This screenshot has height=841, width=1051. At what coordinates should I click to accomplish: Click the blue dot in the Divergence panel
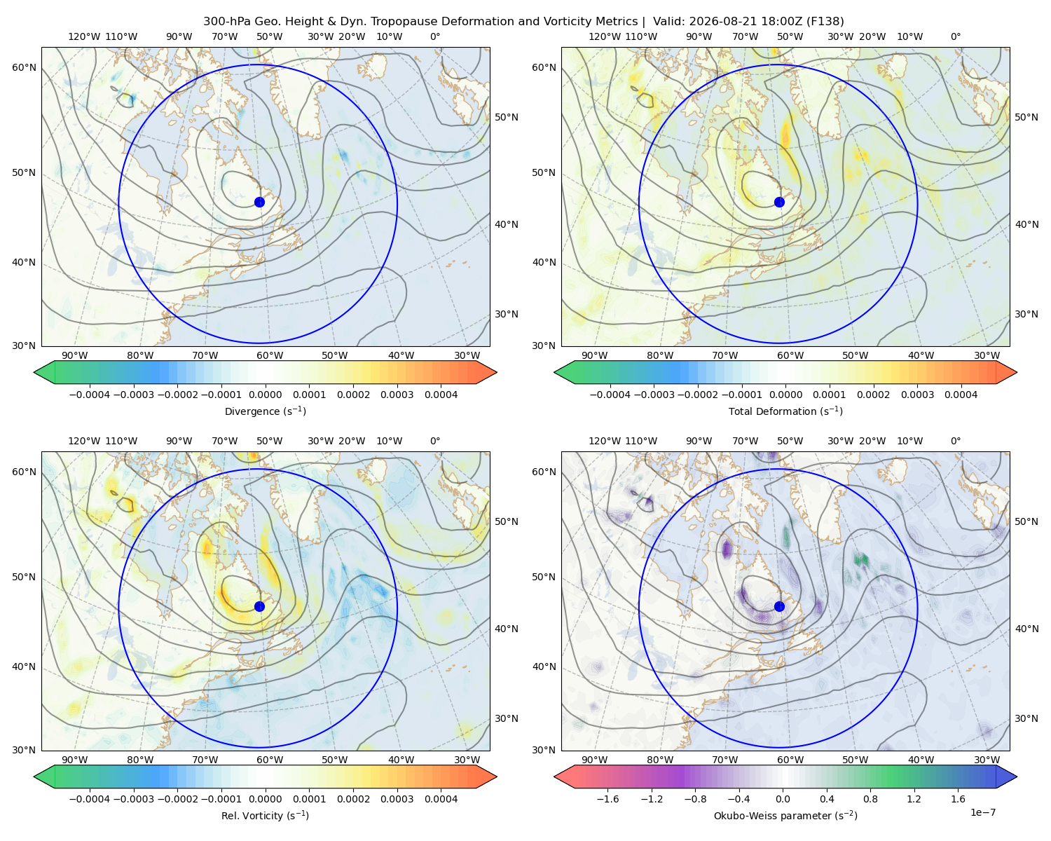(x=259, y=202)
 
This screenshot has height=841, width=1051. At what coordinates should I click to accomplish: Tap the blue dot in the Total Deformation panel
(x=779, y=202)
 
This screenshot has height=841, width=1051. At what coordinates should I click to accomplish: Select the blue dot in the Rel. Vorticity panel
(x=259, y=606)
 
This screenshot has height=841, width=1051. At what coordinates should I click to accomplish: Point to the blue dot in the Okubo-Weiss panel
(x=779, y=606)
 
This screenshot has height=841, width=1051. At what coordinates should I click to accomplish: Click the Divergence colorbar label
(x=265, y=411)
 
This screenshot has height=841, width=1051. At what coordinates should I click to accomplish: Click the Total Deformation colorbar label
(x=785, y=411)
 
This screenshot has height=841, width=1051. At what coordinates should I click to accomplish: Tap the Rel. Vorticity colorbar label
(x=265, y=816)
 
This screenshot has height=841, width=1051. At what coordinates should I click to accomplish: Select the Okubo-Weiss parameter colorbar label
(x=785, y=816)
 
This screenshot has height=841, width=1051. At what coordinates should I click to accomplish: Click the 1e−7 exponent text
(x=982, y=812)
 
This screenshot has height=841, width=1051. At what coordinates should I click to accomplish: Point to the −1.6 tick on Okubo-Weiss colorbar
(x=607, y=798)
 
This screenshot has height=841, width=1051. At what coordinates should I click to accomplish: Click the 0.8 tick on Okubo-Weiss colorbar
(x=870, y=798)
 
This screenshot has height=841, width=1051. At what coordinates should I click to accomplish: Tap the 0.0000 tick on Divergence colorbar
(x=265, y=395)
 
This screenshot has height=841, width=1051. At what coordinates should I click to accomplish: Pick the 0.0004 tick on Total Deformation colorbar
(x=961, y=395)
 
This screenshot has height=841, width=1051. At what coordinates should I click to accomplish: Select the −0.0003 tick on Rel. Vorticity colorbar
(x=133, y=798)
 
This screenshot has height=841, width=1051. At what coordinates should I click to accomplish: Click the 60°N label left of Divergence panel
(x=24, y=67)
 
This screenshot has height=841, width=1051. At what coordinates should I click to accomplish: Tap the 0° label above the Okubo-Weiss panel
(x=955, y=441)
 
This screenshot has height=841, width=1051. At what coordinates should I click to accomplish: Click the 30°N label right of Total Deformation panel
(x=1026, y=314)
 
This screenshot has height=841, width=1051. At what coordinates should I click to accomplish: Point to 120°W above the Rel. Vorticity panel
(x=84, y=441)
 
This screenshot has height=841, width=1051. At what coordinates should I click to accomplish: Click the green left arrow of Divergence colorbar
(x=44, y=372)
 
